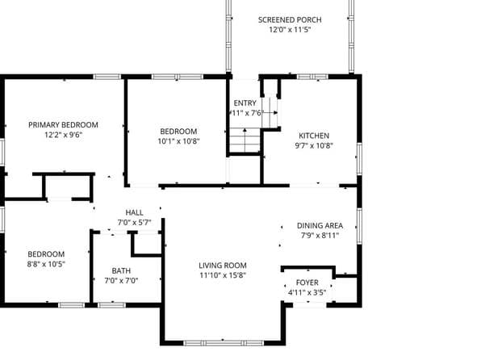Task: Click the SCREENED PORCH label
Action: pos(290,19)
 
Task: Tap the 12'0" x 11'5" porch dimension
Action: pos(290,30)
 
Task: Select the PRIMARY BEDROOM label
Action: pos(63,124)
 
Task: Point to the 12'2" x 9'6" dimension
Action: pos(63,135)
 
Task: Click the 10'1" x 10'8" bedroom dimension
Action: pos(178,141)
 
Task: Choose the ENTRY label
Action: pos(245,103)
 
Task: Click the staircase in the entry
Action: pos(245,141)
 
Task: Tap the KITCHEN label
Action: pos(314,136)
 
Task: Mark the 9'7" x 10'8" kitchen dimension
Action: pos(314,146)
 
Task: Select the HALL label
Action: pos(134,212)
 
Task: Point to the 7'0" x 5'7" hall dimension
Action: pos(134,223)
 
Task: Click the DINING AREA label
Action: pos(320,225)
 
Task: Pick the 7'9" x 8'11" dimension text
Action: pos(320,236)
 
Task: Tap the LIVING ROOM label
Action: pos(223,265)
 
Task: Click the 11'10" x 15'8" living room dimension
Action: pos(223,275)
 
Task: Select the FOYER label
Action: pos(307,283)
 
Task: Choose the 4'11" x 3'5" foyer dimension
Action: pos(307,293)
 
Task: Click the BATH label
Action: pos(121,270)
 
